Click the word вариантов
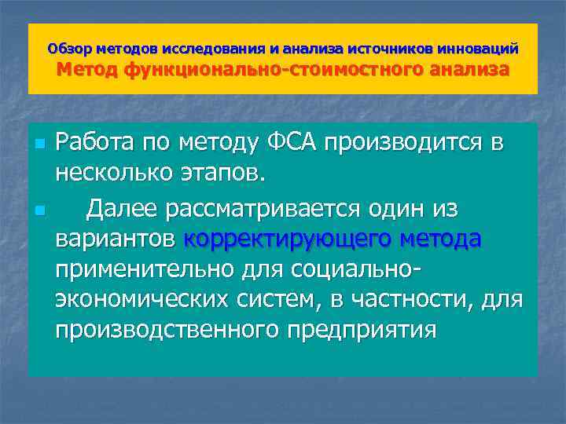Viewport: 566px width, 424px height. (116, 239)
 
